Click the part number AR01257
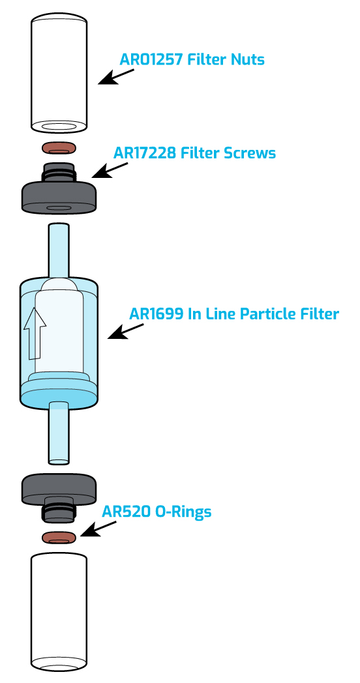point(151,59)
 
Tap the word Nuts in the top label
point(248,59)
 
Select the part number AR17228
point(145,153)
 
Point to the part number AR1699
point(156,313)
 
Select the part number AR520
point(127,512)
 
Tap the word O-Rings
point(183,512)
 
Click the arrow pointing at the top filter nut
point(116,76)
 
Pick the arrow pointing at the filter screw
point(110,170)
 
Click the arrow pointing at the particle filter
point(125,331)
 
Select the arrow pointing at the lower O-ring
point(98,529)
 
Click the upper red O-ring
point(59,148)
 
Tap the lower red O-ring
point(59,538)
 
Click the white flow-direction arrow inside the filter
point(35,332)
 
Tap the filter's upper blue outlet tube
point(59,250)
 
